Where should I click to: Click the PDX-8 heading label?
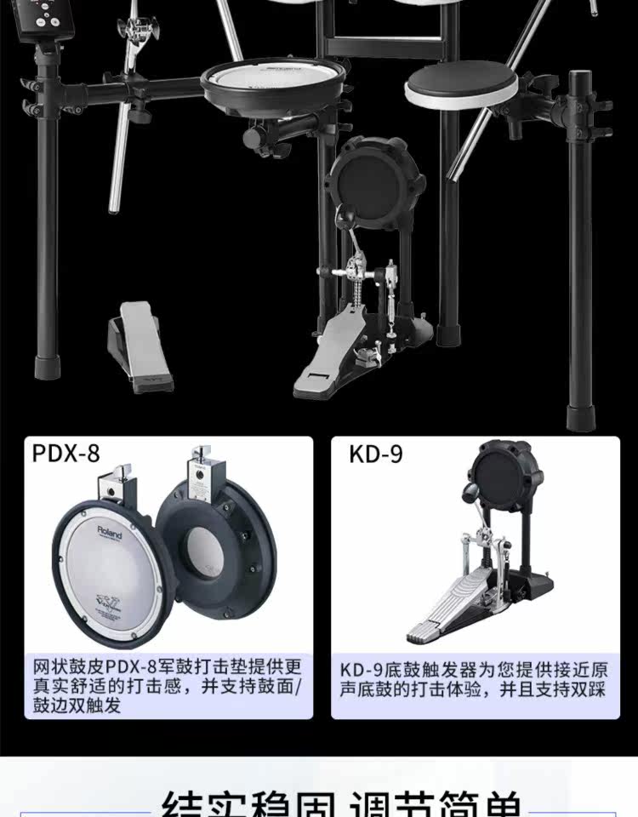coord(66,453)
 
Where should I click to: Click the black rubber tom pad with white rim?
coord(460,85)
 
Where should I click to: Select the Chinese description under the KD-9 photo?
coord(476,679)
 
